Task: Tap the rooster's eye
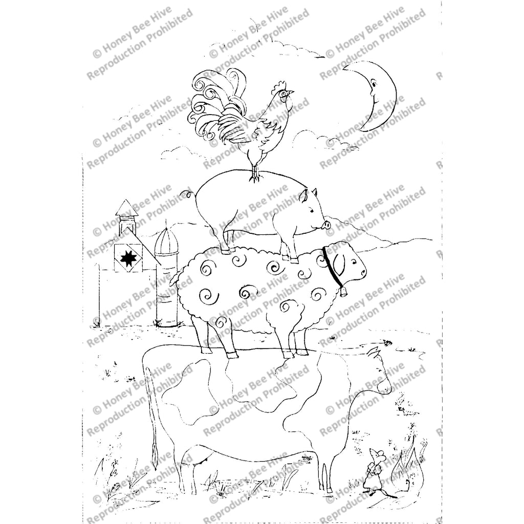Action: point(283,94)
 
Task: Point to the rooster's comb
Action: point(279,86)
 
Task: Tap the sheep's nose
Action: point(363,272)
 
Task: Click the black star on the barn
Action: point(127,258)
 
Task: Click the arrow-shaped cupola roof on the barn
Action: point(126,208)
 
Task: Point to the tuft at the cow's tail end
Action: point(154,451)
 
